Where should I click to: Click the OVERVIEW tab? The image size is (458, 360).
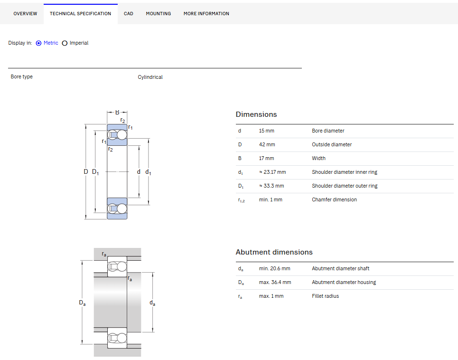[25, 14]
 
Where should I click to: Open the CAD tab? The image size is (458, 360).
[129, 14]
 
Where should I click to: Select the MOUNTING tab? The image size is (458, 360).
[159, 14]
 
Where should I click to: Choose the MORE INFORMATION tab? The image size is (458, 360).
[206, 14]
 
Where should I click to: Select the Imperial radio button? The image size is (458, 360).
[65, 43]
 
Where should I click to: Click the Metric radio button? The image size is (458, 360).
[38, 43]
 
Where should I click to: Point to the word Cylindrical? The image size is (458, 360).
[150, 77]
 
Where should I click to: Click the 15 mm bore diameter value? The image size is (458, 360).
[267, 131]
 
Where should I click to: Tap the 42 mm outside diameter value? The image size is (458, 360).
[267, 145]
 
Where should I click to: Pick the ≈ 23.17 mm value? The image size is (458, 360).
[272, 172]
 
